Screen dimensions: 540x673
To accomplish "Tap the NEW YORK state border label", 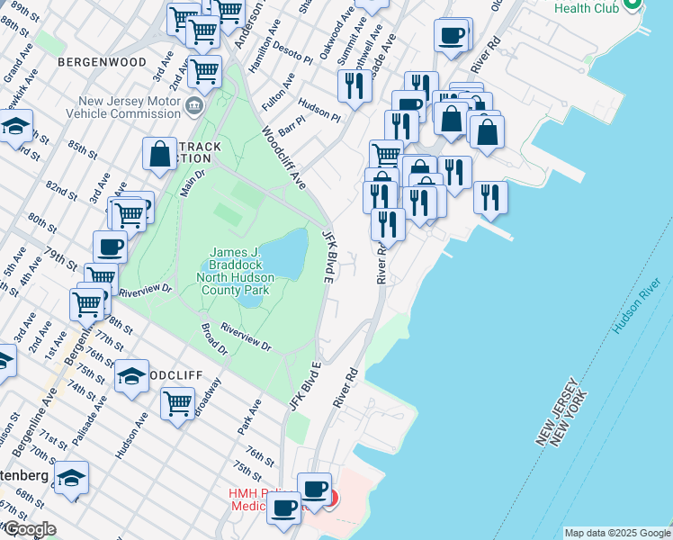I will click(x=573, y=420).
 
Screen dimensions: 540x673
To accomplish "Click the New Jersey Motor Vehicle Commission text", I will click(x=131, y=107).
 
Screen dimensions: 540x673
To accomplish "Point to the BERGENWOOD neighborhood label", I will click(x=101, y=62).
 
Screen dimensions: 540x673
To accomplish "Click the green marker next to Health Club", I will click(x=632, y=5).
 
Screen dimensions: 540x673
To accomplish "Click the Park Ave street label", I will click(x=249, y=419).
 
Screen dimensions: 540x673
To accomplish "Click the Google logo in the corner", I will click(x=29, y=529).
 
